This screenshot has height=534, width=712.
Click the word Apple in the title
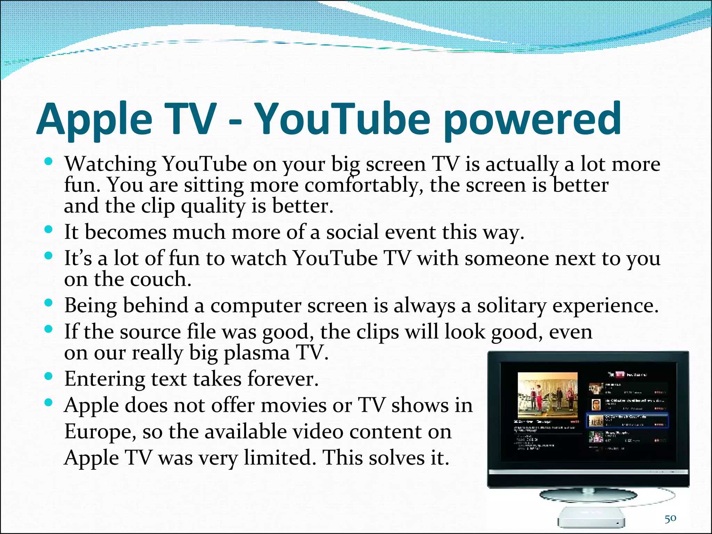pos(95,120)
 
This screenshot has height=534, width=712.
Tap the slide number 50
pos(670,518)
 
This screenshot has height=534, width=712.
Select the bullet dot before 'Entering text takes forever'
pos(49,376)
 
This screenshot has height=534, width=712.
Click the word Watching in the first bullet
pos(111,164)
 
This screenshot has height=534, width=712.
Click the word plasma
pos(257,353)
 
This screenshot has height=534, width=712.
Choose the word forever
pos(282,379)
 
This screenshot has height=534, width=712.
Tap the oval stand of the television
pos(589,495)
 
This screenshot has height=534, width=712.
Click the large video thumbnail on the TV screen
pos(548,395)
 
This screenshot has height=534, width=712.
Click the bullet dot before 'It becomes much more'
pos(49,229)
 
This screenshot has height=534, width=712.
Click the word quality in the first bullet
pos(213,207)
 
